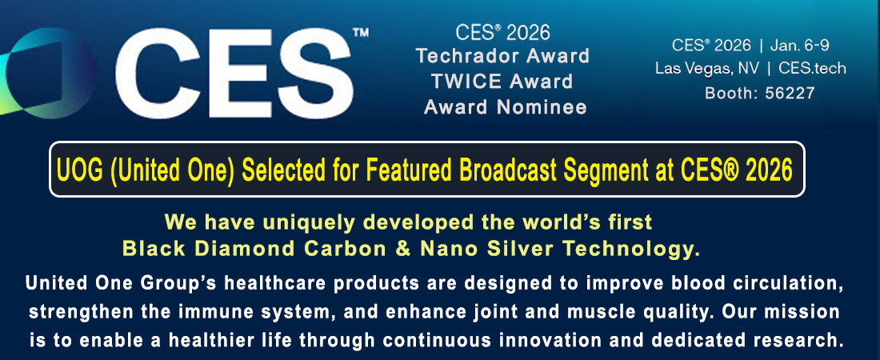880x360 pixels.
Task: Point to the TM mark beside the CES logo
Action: pyautogui.click(x=361, y=32)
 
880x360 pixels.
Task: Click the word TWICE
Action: pyautogui.click(x=466, y=82)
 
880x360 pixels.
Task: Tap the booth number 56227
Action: pyautogui.click(x=789, y=94)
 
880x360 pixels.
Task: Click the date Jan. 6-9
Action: pyautogui.click(x=799, y=44)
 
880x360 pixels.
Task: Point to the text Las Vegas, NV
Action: pyautogui.click(x=707, y=69)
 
